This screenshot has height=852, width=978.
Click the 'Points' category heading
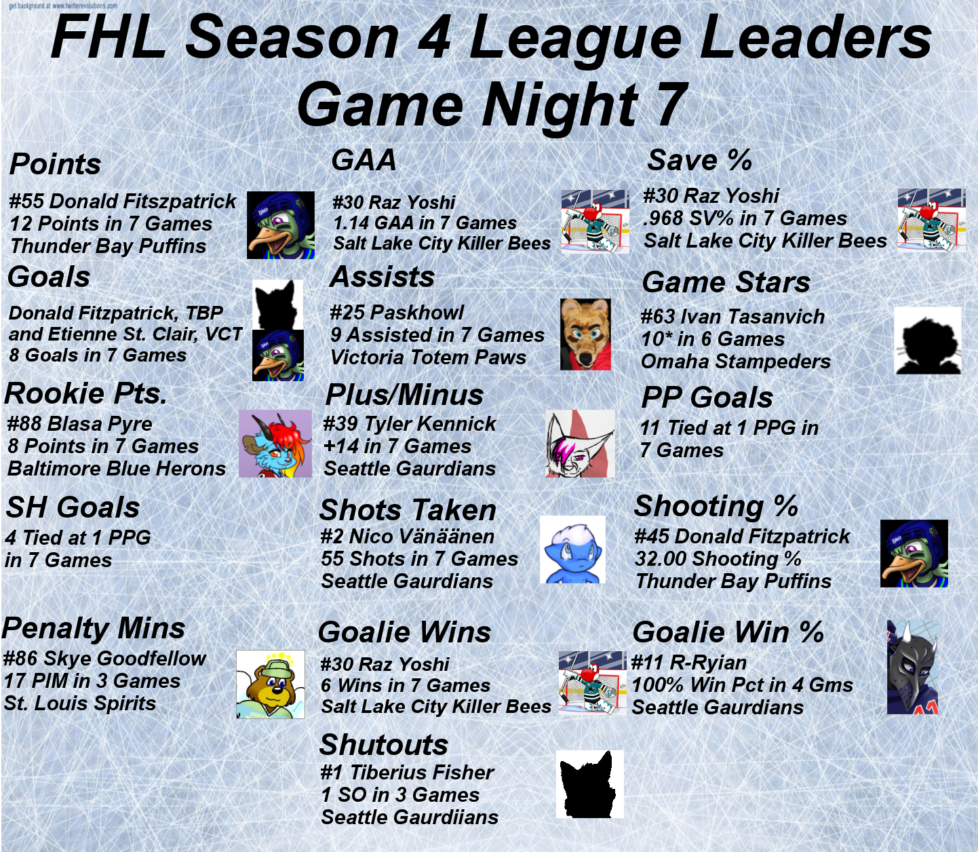click(56, 164)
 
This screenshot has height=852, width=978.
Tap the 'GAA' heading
click(364, 159)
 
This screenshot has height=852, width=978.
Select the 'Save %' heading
click(699, 159)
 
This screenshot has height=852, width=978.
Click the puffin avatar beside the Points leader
click(281, 225)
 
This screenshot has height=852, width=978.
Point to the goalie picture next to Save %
click(931, 220)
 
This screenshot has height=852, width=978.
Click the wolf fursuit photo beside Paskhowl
click(585, 334)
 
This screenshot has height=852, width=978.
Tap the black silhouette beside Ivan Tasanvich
click(927, 341)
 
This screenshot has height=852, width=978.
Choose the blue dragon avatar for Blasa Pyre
click(275, 443)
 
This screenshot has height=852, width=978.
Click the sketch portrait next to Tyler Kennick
click(580, 443)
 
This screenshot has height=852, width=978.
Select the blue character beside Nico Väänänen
click(572, 549)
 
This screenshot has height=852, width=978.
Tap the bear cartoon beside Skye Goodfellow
click(271, 684)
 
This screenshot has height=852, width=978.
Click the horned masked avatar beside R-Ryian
click(912, 667)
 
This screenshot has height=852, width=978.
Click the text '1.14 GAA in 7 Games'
click(425, 222)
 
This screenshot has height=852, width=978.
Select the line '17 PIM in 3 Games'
click(92, 681)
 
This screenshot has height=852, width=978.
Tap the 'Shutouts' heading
click(384, 744)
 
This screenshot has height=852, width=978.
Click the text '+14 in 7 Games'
click(397, 446)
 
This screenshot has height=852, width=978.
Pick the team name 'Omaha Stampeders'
click(736, 362)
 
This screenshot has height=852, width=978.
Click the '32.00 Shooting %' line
click(718, 558)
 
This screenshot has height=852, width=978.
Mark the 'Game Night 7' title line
click(492, 104)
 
